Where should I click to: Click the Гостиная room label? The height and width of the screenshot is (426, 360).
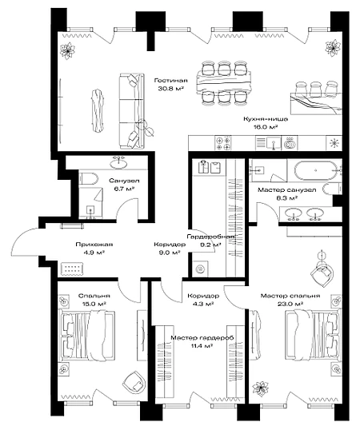(x=170, y=81)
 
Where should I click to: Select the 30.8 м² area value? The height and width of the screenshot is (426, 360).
(x=170, y=88)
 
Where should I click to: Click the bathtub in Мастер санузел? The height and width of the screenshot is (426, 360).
(x=315, y=170)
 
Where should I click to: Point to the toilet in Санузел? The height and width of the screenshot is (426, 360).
(x=88, y=179)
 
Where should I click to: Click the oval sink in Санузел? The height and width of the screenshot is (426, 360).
(x=118, y=163)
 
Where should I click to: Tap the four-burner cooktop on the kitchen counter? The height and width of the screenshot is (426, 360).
(x=223, y=142)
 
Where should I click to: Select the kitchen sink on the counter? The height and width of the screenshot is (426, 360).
(x=268, y=143)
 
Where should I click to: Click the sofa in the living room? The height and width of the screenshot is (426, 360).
(x=131, y=111)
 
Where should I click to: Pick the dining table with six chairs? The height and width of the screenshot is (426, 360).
(x=225, y=82)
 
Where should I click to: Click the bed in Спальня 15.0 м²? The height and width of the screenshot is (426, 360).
(x=86, y=336)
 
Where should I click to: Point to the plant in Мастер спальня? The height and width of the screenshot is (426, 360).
(x=261, y=388)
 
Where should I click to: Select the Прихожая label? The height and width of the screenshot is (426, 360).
(x=94, y=245)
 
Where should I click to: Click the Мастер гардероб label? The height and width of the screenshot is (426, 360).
(x=202, y=338)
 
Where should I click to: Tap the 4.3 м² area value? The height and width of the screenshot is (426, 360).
(x=203, y=304)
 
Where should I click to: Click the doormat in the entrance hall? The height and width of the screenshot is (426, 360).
(x=72, y=269)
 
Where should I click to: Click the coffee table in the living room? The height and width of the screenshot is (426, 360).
(x=98, y=111)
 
